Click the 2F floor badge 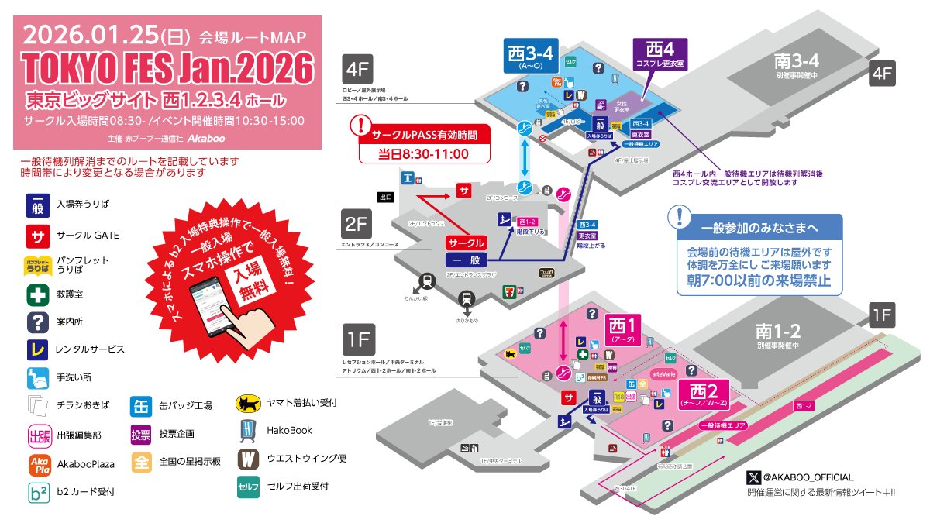[356, 225]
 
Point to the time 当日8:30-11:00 [424, 153]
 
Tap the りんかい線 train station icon [425, 280]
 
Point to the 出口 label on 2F [386, 197]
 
